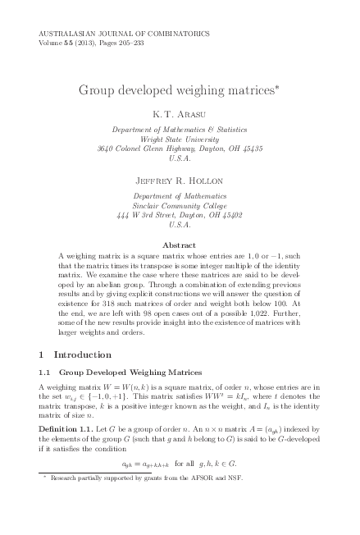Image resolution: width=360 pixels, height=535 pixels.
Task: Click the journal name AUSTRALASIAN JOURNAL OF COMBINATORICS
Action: click(x=124, y=34)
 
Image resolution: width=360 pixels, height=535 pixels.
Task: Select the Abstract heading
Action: click(x=179, y=245)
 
